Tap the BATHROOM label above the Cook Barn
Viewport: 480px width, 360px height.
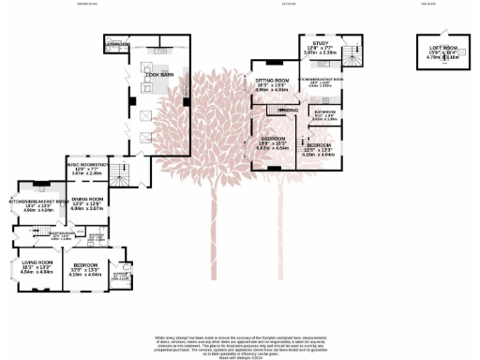117,44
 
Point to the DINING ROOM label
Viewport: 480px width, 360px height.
85,199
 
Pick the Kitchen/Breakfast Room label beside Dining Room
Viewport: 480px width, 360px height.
36,202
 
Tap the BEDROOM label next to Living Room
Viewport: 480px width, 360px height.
86,265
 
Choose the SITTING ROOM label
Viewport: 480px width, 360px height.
272,82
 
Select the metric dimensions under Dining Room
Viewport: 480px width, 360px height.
85,209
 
